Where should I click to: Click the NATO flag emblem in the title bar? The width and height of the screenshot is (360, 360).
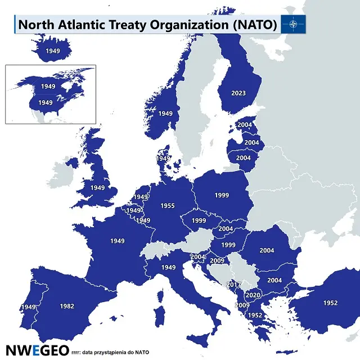click(x=295, y=24)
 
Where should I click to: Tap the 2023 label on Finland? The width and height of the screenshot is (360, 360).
click(x=238, y=93)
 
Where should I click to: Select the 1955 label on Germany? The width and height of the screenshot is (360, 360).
click(x=168, y=206)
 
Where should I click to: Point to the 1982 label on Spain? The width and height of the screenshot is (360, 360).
click(x=67, y=307)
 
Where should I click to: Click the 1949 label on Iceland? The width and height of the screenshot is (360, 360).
click(x=53, y=51)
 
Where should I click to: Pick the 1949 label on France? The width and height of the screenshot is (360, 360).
click(x=117, y=241)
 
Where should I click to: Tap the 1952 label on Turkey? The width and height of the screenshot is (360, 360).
click(x=331, y=303)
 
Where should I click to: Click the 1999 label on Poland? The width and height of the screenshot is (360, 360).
click(x=222, y=195)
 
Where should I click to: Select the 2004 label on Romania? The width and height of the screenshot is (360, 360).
click(x=267, y=250)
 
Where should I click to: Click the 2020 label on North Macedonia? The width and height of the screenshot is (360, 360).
click(x=253, y=295)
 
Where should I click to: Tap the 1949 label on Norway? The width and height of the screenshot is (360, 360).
click(x=165, y=113)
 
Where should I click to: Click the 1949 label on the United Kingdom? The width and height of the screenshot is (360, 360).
click(x=98, y=187)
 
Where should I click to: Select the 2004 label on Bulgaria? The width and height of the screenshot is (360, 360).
click(x=274, y=280)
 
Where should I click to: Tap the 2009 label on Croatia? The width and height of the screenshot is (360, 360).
click(x=217, y=261)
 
